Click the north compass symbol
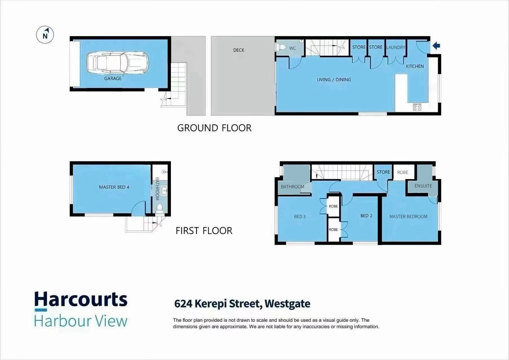[x=45, y=35]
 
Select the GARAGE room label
[x=113, y=79]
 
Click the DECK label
[x=239, y=50]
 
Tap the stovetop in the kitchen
[x=417, y=107]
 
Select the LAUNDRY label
[x=395, y=47]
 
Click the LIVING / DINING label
[x=334, y=80]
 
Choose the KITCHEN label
[x=415, y=66]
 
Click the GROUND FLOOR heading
[x=214, y=128]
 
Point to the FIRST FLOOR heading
[x=204, y=231]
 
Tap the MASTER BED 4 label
[x=114, y=187]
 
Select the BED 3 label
[x=300, y=216]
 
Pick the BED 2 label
[x=366, y=216]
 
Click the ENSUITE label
[x=423, y=186]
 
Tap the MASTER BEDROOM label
[x=408, y=216]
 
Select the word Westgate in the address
[x=287, y=304]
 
